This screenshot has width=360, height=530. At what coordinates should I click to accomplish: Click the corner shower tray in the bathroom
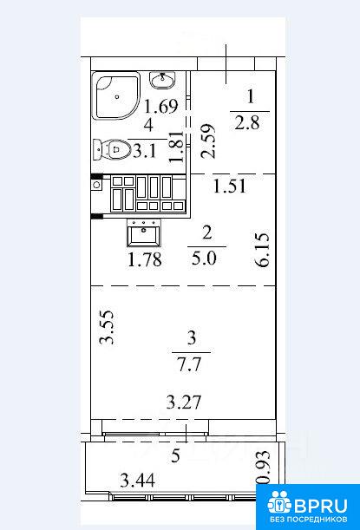tap(116, 96)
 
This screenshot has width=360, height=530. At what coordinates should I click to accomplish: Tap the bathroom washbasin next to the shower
tap(162, 80)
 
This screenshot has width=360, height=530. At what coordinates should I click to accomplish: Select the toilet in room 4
tap(112, 149)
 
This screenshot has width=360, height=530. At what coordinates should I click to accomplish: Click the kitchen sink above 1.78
tap(144, 232)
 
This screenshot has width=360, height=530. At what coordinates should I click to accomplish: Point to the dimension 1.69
tap(160, 106)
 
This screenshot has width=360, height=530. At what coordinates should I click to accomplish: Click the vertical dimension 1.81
tap(177, 147)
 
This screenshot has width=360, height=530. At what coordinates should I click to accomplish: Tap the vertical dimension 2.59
tap(207, 141)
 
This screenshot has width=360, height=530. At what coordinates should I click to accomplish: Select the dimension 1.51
tap(230, 186)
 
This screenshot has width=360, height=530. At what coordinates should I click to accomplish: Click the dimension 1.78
tap(145, 259)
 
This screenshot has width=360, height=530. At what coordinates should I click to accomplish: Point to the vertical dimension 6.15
tap(263, 250)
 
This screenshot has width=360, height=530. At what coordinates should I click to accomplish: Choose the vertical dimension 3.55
tap(107, 328)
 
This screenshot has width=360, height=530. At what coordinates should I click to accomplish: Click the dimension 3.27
tap(184, 402)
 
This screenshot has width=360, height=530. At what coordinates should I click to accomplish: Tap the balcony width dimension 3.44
tap(138, 480)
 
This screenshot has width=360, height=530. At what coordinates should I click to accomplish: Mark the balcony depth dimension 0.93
tap(264, 468)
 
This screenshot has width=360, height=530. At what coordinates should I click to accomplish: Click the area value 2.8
tap(247, 122)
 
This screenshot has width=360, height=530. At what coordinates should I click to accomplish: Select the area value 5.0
tap(204, 258)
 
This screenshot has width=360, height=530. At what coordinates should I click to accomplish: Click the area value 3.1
tap(145, 151)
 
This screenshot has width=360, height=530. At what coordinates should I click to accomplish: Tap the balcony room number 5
tap(175, 456)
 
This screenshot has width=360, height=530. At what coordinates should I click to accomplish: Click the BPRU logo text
tap(321, 506)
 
